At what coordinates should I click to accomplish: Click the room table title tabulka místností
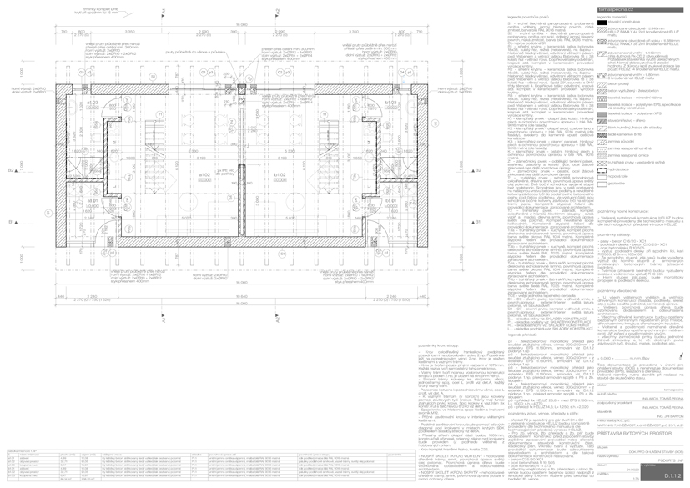[18, 449]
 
